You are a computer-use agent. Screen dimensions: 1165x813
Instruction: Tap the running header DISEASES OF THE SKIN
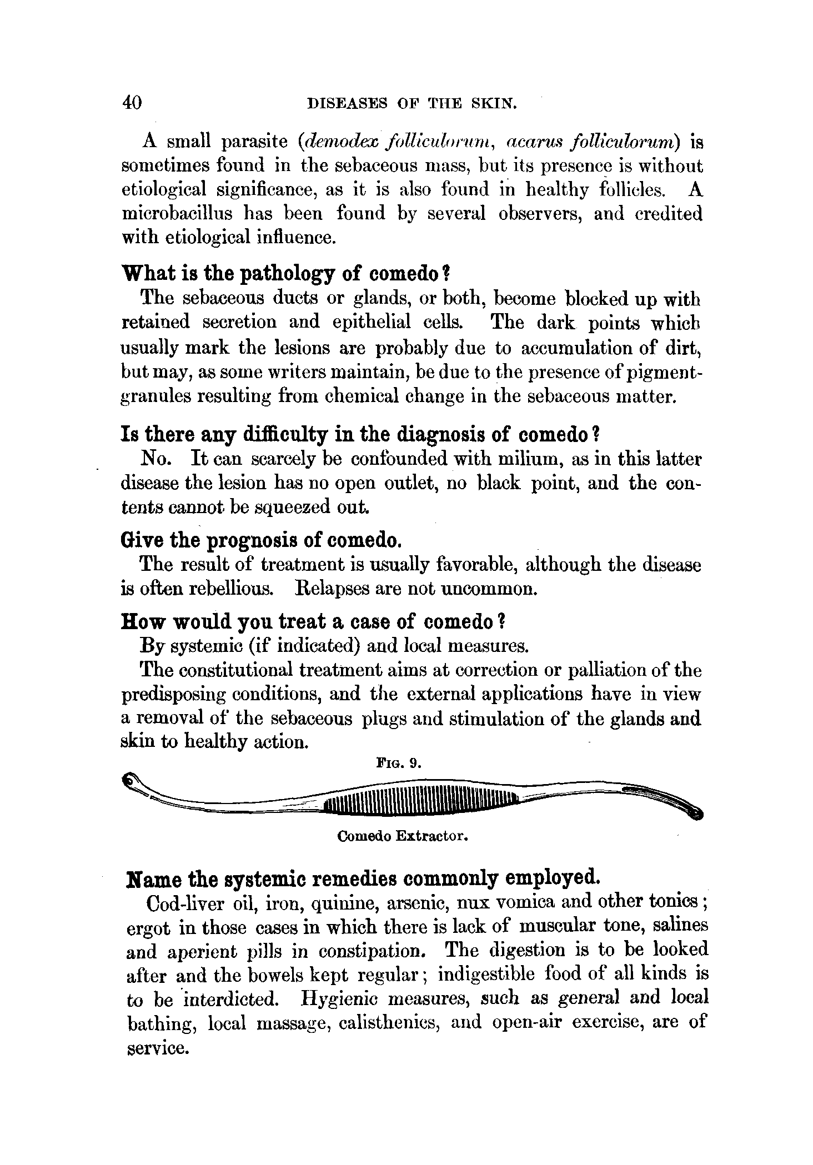(x=413, y=103)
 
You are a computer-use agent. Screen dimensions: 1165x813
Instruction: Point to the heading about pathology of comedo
(x=285, y=273)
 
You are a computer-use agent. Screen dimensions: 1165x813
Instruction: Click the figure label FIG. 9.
(x=399, y=764)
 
